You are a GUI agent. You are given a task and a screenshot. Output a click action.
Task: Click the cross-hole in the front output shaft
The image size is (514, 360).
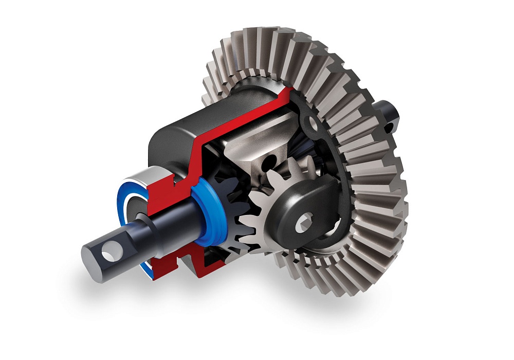pos(109,252)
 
